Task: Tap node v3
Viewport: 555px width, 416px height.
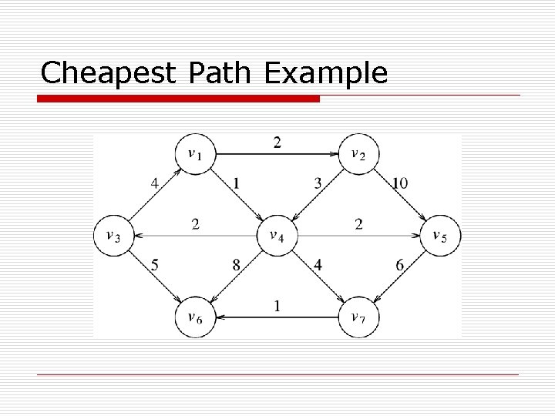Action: coord(113,235)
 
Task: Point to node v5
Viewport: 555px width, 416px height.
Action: coord(439,235)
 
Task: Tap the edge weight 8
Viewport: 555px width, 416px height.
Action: coord(237,264)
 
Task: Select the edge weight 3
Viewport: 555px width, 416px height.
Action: coord(318,183)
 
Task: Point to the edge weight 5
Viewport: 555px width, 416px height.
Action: coord(155,264)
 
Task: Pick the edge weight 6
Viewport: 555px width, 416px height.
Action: coord(400,264)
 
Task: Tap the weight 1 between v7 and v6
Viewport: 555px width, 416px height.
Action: coord(277,305)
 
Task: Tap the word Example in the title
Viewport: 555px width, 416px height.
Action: coord(325,73)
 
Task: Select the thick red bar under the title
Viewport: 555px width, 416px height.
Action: coord(179,99)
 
